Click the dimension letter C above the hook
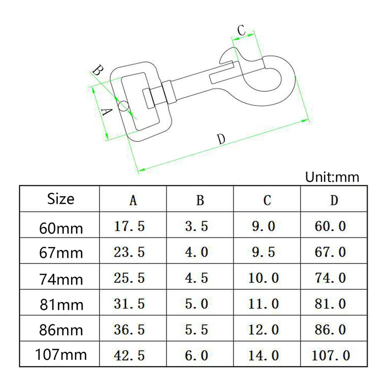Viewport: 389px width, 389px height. pos(241,30)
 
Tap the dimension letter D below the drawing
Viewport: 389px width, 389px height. pos(221,139)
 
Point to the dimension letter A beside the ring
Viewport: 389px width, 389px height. pos(107,112)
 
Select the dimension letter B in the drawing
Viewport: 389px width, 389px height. pos(98,70)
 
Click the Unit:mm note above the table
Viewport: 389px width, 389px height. pos(332,177)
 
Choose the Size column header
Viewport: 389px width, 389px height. pos(60,199)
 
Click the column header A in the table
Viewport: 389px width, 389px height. pos(133,200)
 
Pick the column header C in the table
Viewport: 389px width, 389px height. pos(267,200)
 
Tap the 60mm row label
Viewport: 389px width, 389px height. pos(61,228)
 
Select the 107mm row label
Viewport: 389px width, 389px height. pos(61,354)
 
